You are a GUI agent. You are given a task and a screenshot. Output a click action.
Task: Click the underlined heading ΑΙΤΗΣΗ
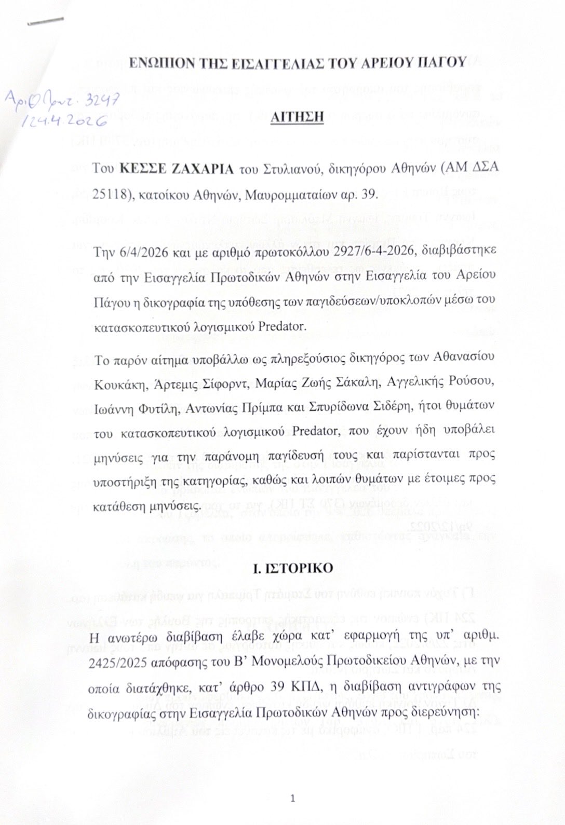click(x=297, y=116)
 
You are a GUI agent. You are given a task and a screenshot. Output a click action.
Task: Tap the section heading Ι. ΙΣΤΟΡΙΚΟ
click(x=293, y=567)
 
